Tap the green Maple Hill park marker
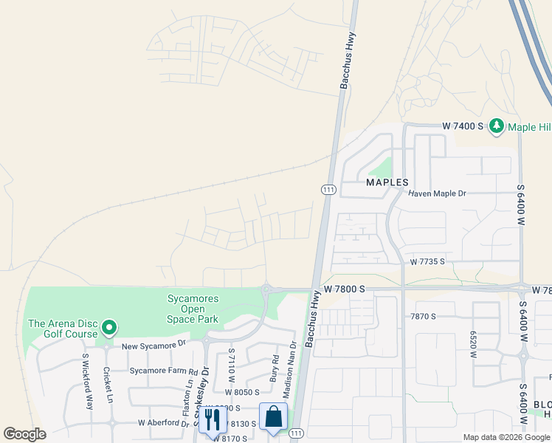click(x=497, y=126)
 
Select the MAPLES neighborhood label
click(x=387, y=182)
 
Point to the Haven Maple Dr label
click(x=438, y=193)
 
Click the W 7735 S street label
click(x=428, y=261)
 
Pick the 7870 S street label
click(x=423, y=316)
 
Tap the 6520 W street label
click(x=473, y=344)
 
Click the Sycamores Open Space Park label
click(x=192, y=309)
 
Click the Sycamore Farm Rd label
click(x=163, y=371)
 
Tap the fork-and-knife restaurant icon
click(x=212, y=419)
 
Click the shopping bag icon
click(x=273, y=416)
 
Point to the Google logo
click(x=25, y=434)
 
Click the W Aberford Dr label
click(x=164, y=423)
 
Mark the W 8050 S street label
click(x=244, y=391)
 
